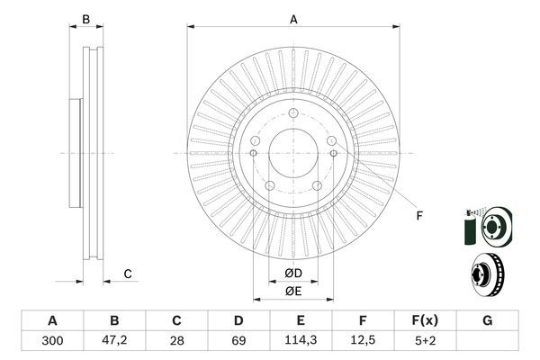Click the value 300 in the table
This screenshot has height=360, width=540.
(x=52, y=339)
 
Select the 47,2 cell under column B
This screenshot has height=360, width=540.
(x=114, y=339)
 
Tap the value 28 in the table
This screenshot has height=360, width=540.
(x=176, y=339)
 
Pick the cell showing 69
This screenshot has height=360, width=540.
(x=238, y=339)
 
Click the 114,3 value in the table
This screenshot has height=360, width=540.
(x=301, y=339)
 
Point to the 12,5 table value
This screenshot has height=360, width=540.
(x=363, y=339)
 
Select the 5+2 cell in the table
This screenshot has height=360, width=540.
(x=425, y=339)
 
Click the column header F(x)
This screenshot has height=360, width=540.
(x=425, y=320)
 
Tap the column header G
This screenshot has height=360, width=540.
(x=487, y=320)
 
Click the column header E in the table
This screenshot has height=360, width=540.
(x=301, y=320)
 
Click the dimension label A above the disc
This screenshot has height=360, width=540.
(x=292, y=18)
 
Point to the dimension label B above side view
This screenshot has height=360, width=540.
(x=86, y=18)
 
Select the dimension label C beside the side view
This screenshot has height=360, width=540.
(x=128, y=274)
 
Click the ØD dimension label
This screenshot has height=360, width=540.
(x=292, y=273)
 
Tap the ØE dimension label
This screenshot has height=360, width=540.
(x=292, y=291)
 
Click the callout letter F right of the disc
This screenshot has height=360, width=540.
(x=418, y=215)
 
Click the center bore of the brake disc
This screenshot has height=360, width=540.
(x=292, y=153)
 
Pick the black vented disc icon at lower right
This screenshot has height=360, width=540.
(x=486, y=274)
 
